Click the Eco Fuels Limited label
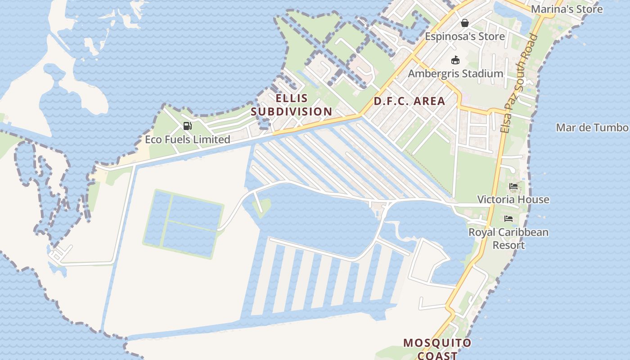[187, 139]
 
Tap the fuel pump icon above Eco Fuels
[188, 126]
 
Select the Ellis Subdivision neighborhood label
[291, 105]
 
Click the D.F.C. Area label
[409, 101]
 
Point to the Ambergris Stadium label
[455, 73]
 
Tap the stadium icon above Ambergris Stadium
[455, 60]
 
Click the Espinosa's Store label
[465, 36]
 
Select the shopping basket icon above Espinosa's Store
[464, 23]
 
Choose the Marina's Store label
[567, 9]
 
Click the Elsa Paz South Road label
[518, 83]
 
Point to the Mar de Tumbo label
[592, 127]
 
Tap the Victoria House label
[513, 199]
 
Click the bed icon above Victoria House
[513, 186]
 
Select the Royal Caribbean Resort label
[508, 238]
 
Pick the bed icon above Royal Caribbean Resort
[508, 219]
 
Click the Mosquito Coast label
[437, 349]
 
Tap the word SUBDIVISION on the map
[291, 112]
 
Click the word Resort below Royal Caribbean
[508, 245]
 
